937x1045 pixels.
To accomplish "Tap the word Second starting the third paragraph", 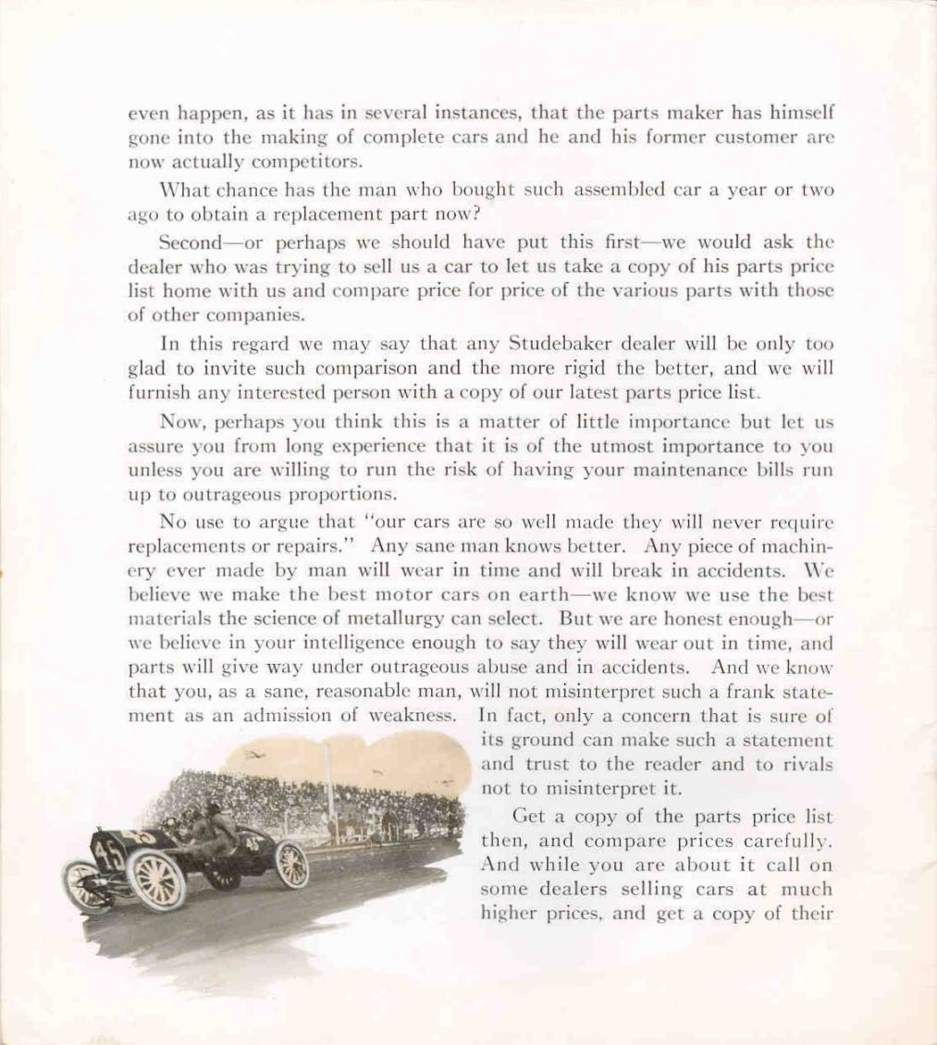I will tap(191, 242).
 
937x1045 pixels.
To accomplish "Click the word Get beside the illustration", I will tap(531, 818).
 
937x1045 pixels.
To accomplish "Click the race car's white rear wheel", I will tap(291, 864).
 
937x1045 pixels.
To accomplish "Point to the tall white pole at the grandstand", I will tap(328, 786).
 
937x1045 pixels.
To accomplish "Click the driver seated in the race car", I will tap(218, 828).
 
